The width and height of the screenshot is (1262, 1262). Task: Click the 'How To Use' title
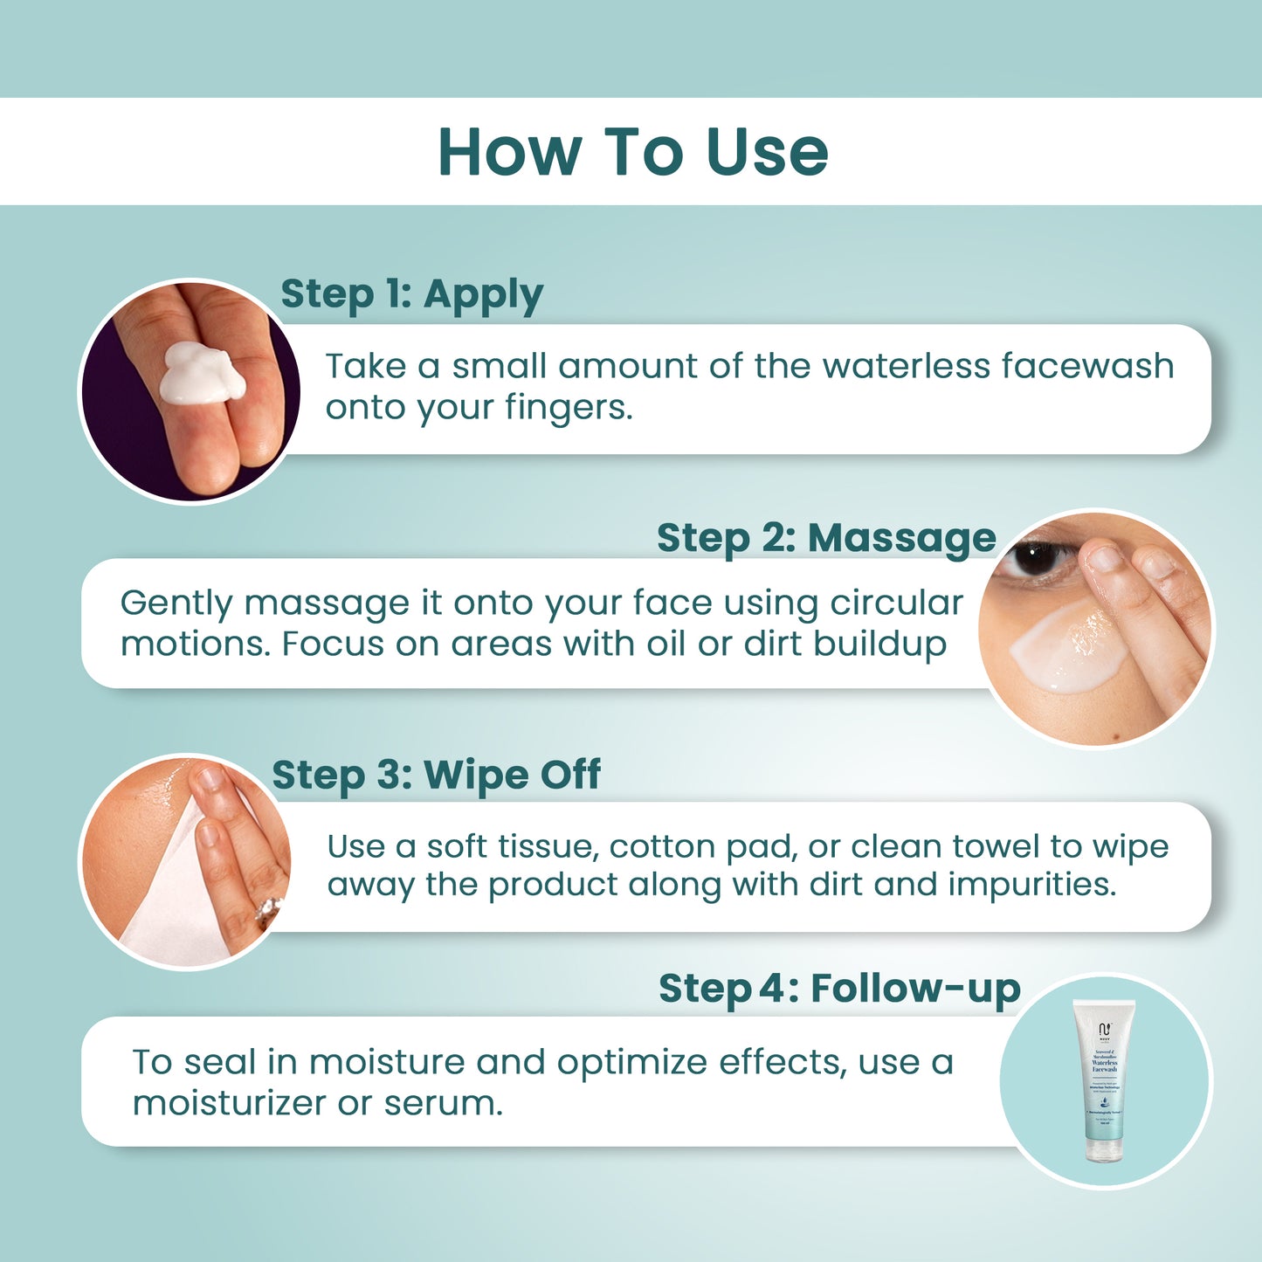(x=632, y=152)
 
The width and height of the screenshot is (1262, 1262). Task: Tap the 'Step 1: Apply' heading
(x=411, y=295)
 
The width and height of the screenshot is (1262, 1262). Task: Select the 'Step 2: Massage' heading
(x=825, y=538)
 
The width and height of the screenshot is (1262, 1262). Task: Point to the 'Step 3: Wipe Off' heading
(x=436, y=775)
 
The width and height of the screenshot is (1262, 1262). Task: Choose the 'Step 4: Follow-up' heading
(x=838, y=989)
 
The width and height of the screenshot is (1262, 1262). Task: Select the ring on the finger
(x=270, y=910)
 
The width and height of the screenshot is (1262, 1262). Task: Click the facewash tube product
(x=1104, y=1081)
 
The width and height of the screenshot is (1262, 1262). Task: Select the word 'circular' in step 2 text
(x=895, y=603)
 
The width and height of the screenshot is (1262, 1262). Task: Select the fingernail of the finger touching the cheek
(x=1106, y=557)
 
